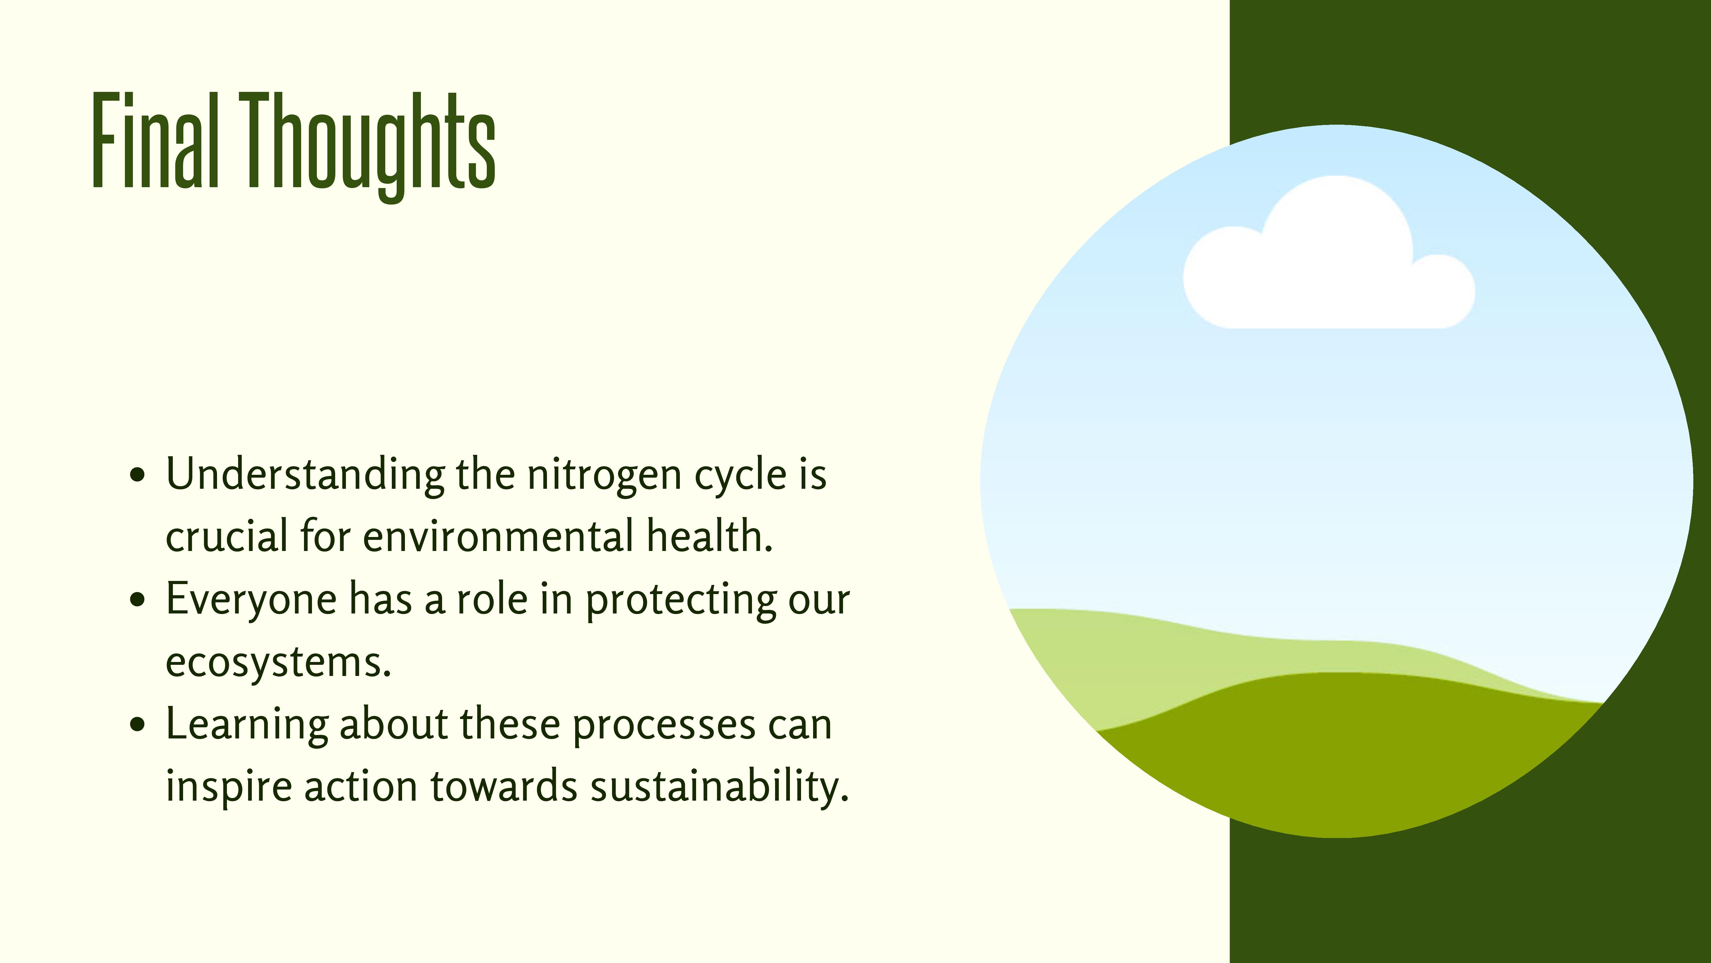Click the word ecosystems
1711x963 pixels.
(x=278, y=663)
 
